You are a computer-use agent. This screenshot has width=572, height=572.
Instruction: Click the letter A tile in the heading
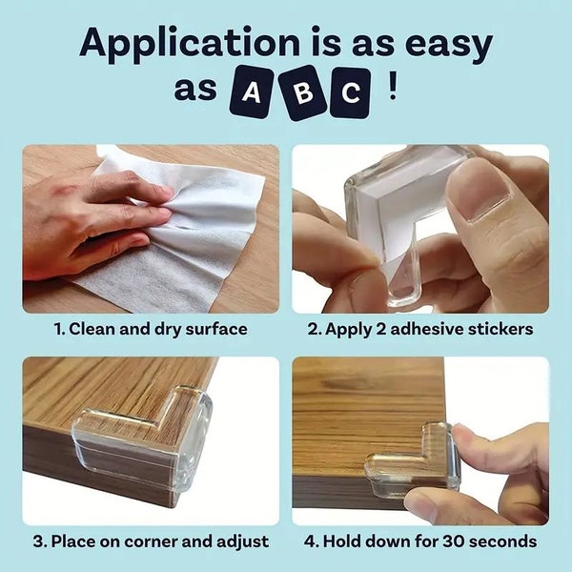[252, 92]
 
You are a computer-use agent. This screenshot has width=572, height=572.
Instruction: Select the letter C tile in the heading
[351, 93]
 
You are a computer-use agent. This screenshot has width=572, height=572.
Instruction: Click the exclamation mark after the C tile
[393, 90]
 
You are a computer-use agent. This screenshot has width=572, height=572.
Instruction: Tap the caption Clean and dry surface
[151, 329]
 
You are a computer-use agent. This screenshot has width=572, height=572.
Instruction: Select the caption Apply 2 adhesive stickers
[420, 329]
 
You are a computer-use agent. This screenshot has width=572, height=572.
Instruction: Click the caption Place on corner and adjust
[151, 541]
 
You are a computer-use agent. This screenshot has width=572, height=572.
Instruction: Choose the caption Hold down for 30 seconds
[420, 541]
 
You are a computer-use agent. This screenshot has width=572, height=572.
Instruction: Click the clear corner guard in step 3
[153, 439]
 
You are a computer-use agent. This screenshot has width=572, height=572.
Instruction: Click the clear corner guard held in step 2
[400, 224]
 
